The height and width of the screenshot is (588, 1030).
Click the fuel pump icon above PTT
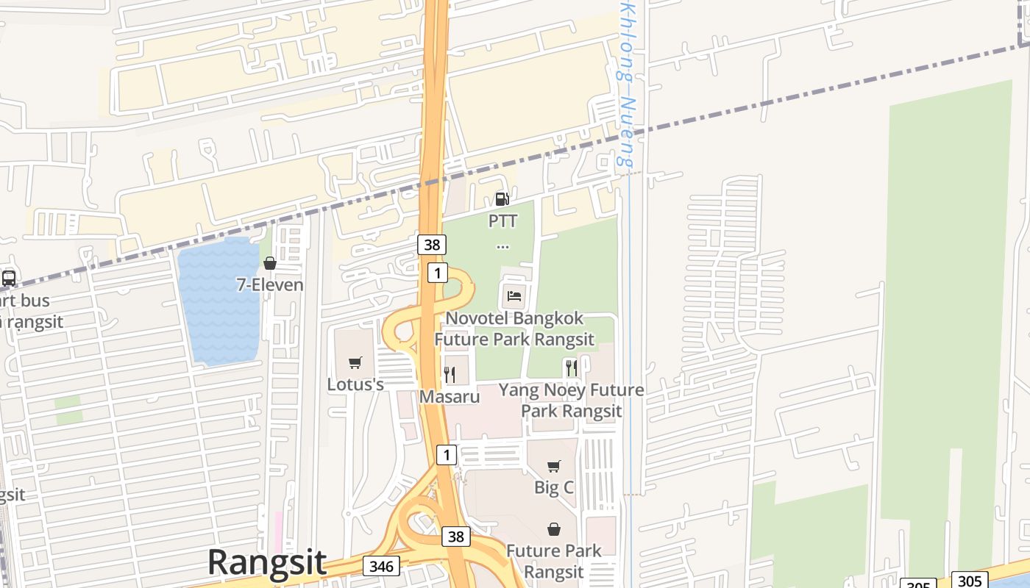[x=502, y=198]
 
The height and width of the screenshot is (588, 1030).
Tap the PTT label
[x=502, y=220]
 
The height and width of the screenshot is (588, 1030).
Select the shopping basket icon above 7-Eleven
[x=270, y=263]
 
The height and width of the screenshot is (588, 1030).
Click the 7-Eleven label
[x=270, y=284]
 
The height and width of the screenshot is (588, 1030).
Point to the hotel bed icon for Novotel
[x=514, y=296]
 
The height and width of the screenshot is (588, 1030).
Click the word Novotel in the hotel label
[x=479, y=319]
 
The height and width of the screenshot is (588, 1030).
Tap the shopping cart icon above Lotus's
[x=355, y=362]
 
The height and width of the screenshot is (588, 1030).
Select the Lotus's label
[x=355, y=384]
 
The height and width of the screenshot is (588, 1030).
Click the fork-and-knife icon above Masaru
[x=450, y=375]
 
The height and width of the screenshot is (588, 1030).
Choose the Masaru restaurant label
[x=450, y=397]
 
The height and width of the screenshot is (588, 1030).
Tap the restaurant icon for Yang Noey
[x=570, y=367]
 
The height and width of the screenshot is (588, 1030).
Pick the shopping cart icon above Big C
[x=554, y=465]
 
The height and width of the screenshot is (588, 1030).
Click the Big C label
[x=554, y=487]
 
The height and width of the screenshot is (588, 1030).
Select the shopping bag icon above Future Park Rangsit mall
[x=554, y=529]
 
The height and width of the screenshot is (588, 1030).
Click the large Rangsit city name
[x=267, y=562]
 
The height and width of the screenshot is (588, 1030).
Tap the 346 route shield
[x=381, y=566]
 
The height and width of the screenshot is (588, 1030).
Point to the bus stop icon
[x=9, y=279]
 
